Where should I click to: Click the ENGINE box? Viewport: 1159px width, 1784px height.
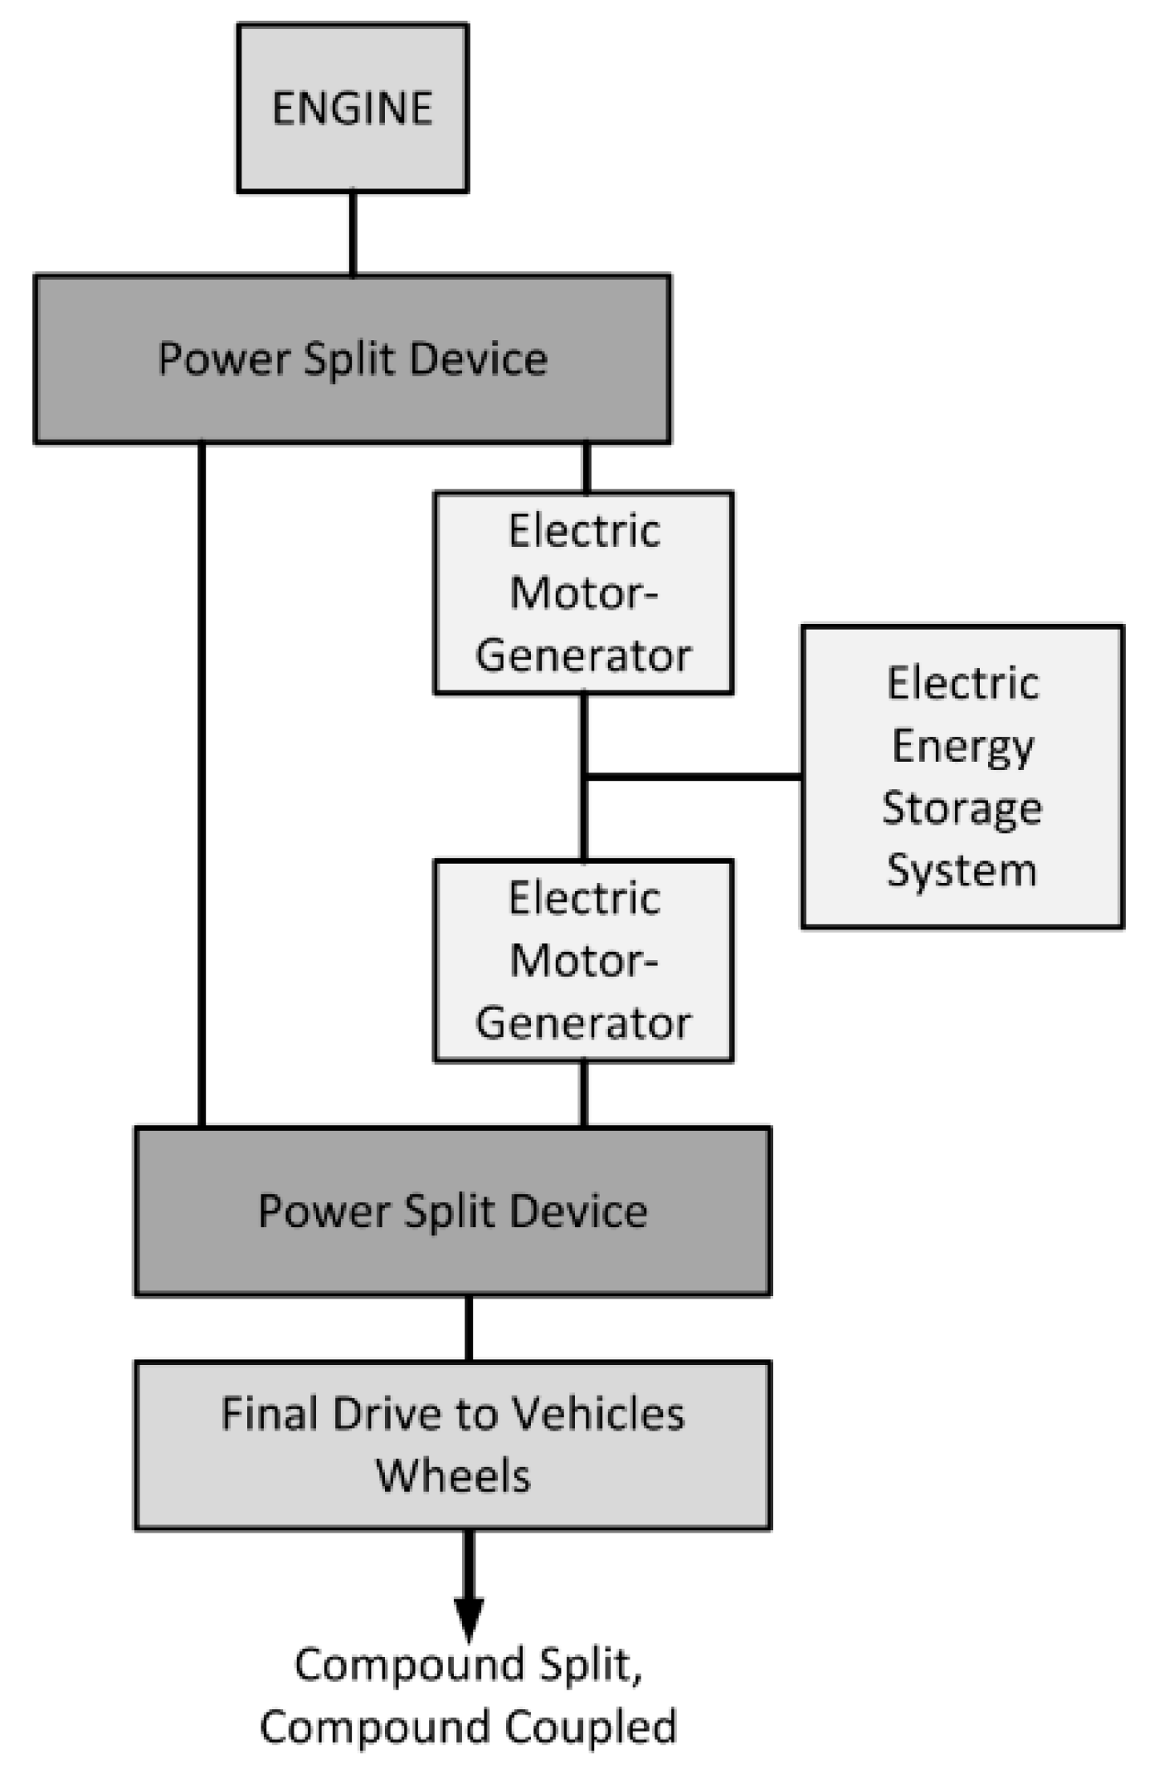(353, 108)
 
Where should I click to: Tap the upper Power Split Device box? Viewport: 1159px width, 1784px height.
(353, 358)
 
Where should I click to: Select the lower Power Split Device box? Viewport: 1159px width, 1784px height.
(452, 1211)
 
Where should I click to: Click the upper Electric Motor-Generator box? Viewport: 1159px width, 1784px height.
(583, 592)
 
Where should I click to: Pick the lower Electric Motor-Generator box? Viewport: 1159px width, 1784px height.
(583, 960)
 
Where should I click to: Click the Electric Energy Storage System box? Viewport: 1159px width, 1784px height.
(962, 776)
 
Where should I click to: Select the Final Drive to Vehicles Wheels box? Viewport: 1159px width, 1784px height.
(452, 1445)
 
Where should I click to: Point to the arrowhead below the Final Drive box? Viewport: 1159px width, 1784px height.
(469, 1618)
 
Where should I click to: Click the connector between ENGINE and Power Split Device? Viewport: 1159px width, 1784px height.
(353, 234)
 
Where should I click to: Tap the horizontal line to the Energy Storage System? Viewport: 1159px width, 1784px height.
(693, 777)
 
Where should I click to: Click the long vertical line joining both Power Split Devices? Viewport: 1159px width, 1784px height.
(202, 784)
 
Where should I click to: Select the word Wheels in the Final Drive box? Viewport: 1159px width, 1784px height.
(453, 1476)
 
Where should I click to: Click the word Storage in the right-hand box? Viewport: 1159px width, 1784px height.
(962, 808)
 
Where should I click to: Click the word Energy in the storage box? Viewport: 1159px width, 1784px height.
(962, 746)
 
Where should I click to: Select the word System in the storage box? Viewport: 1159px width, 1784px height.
(962, 870)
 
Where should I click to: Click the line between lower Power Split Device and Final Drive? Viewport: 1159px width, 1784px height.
(469, 1328)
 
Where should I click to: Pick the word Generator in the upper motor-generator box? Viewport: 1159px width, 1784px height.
(583, 656)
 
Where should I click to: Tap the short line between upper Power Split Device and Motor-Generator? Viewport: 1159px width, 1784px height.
(587, 468)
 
